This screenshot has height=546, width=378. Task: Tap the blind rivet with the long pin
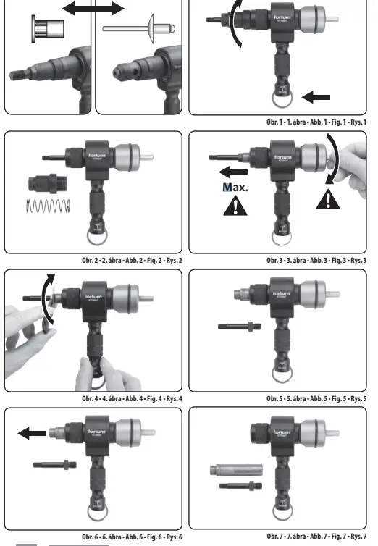(x=137, y=30)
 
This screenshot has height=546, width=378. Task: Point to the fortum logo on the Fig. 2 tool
(x=98, y=154)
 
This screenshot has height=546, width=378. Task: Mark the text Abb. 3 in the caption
(x=302, y=261)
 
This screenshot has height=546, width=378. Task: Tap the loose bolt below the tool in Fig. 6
(x=56, y=464)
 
